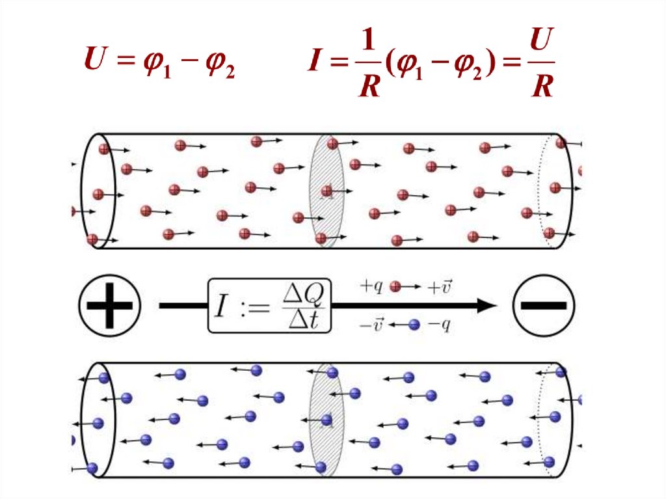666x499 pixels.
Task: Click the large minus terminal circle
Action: (544, 305)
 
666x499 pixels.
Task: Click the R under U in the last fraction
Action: (541, 87)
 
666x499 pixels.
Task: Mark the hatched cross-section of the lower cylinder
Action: (326, 420)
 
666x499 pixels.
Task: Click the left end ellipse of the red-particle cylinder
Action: (98, 191)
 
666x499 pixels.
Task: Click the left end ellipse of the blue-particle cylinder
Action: (97, 420)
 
